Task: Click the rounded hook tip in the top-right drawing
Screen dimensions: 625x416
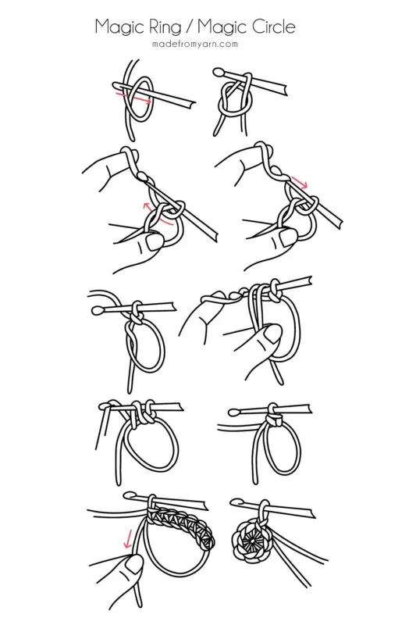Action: [220, 73]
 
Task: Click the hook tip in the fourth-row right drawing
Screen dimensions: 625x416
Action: [232, 410]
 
